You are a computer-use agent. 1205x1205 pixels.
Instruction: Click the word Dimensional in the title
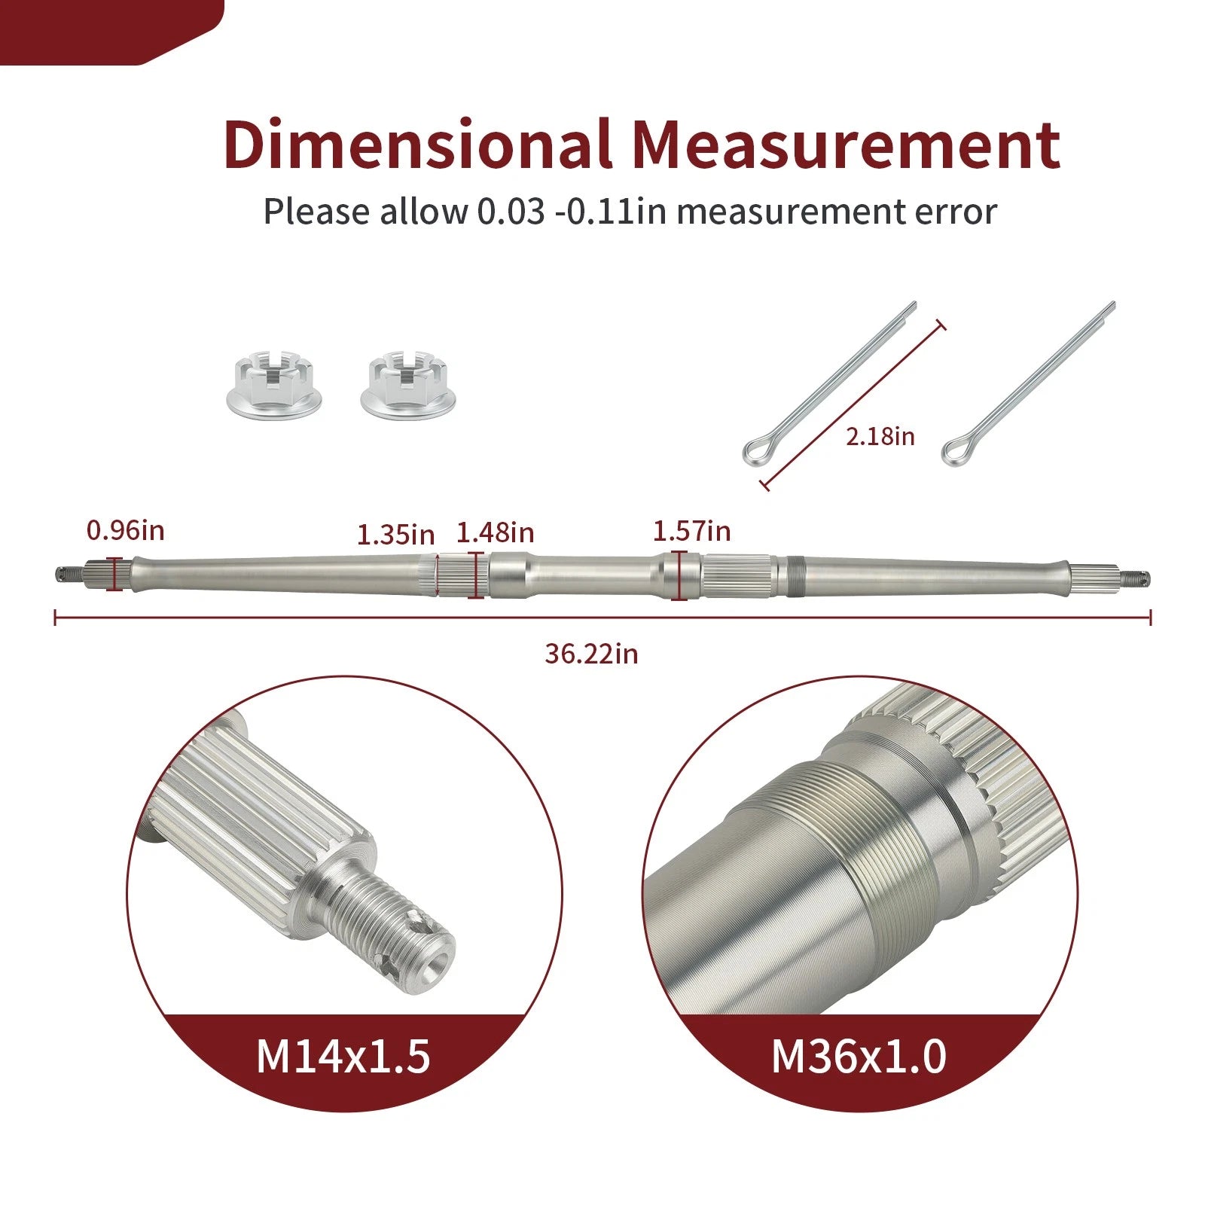[417, 144]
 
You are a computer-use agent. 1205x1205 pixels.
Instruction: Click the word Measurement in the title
[846, 144]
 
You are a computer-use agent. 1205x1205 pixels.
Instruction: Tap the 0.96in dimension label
[125, 530]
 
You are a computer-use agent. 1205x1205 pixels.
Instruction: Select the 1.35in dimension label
[395, 535]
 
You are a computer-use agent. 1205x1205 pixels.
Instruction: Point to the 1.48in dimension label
[496, 532]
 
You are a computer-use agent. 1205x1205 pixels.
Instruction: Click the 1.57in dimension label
[691, 531]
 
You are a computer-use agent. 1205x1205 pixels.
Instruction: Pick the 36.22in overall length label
[591, 654]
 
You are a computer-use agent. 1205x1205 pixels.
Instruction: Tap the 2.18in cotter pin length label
[880, 436]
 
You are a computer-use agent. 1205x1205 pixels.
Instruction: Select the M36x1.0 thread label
[859, 1056]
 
